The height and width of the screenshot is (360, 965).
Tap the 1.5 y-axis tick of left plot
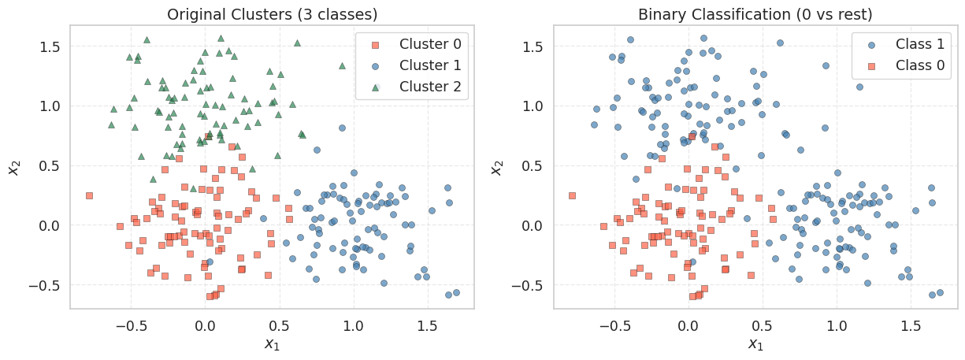51,46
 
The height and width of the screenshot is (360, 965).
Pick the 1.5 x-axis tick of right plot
911,325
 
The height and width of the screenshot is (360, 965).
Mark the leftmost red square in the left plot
89,195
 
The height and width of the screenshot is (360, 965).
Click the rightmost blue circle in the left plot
456,292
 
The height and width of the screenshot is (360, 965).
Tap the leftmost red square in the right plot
572,195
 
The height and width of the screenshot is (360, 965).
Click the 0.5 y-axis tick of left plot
51,165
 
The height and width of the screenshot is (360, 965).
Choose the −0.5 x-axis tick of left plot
131,325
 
